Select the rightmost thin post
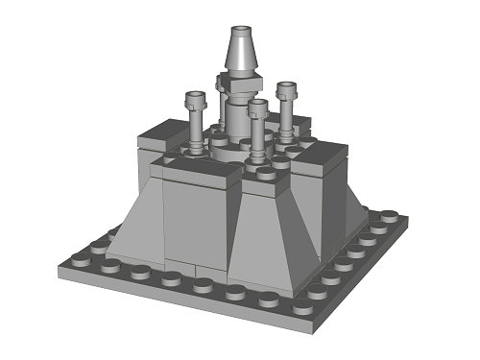pyautogui.click(x=285, y=110)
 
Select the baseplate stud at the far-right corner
pyautogui.click(x=388, y=216)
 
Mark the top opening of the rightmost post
pyautogui.click(x=285, y=86)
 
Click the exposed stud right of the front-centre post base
pyautogui.click(x=279, y=164)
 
